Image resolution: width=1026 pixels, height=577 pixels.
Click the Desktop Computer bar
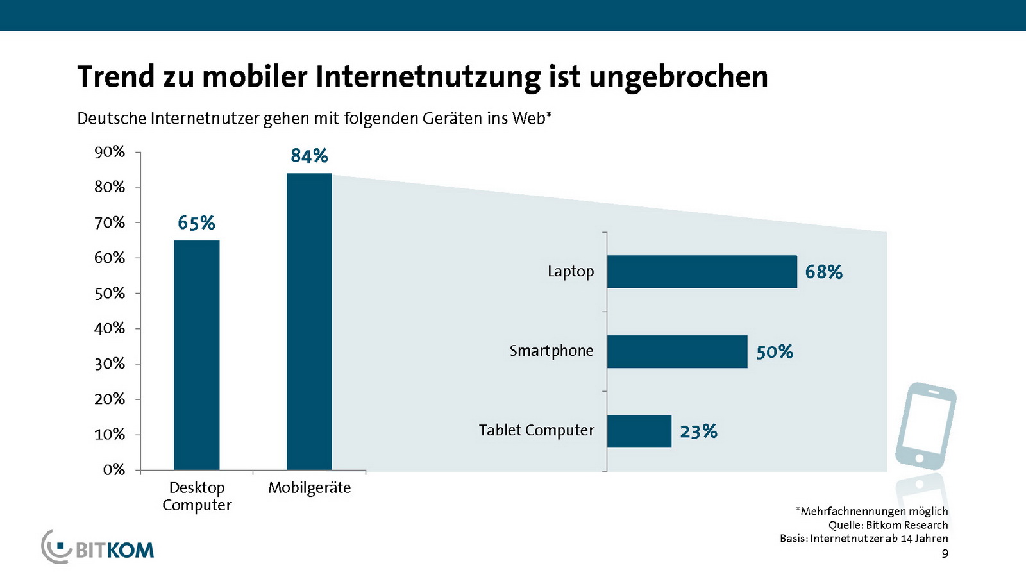pyautogui.click(x=196, y=355)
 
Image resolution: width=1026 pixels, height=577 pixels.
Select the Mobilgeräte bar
pyautogui.click(x=309, y=322)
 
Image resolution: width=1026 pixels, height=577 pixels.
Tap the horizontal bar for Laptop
pyautogui.click(x=702, y=272)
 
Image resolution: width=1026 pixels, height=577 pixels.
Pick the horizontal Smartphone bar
pyautogui.click(x=677, y=351)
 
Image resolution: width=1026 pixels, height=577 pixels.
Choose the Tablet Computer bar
pyautogui.click(x=639, y=431)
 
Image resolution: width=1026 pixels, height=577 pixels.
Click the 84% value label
pyautogui.click(x=309, y=156)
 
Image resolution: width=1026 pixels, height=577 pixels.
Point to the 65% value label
pyautogui.click(x=196, y=223)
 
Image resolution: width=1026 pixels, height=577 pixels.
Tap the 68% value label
pyautogui.click(x=823, y=272)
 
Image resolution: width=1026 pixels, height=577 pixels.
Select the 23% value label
pyautogui.click(x=698, y=431)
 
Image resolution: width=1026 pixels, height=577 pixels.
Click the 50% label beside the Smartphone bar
pyautogui.click(x=775, y=352)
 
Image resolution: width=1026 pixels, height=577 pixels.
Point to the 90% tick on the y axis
pyautogui.click(x=110, y=152)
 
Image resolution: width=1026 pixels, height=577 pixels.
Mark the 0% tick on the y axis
pyautogui.click(x=114, y=470)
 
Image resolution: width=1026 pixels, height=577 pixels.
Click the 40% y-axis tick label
pyautogui.click(x=110, y=328)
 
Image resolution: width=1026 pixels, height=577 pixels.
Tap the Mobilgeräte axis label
pyautogui.click(x=309, y=488)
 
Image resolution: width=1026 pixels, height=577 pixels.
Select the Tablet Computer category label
pyautogui.click(x=536, y=430)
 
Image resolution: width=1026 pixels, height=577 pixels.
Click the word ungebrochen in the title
pyautogui.click(x=678, y=77)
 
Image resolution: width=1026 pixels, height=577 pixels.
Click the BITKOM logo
pyautogui.click(x=98, y=548)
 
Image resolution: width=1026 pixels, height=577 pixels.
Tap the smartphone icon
pyautogui.click(x=925, y=426)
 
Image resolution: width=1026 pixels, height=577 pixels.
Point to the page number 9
pyautogui.click(x=945, y=553)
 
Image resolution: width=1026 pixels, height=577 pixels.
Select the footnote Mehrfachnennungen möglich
pyautogui.click(x=873, y=511)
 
